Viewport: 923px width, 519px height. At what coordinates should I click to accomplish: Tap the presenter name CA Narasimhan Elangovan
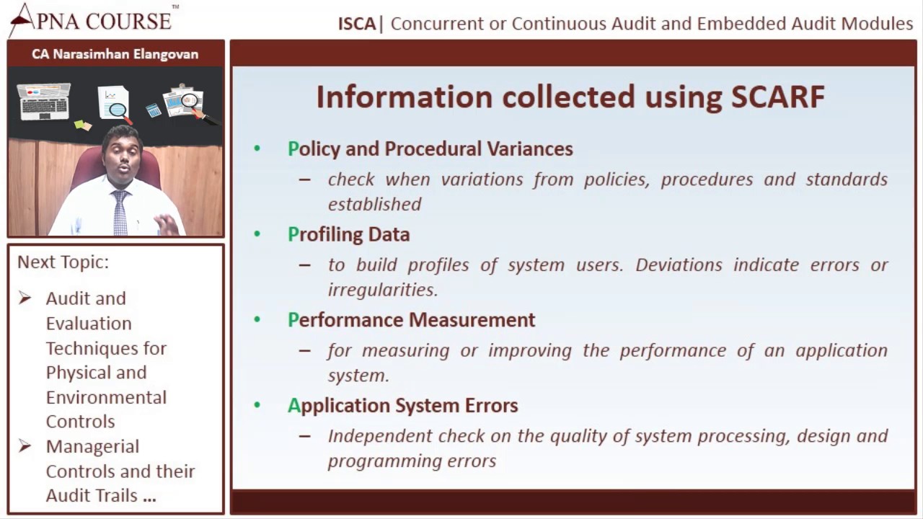pos(115,54)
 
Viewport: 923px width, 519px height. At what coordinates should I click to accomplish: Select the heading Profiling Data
pos(348,234)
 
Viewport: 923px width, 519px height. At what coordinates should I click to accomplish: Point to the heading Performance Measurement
pos(411,320)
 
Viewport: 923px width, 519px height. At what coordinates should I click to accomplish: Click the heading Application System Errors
pos(402,405)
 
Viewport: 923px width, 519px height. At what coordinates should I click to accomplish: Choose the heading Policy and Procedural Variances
pos(430,149)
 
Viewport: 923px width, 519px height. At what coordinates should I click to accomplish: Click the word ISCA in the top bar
pos(357,24)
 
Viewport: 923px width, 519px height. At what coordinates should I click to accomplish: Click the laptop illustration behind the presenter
pos(44,100)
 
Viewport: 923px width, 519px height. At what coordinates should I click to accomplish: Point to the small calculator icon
pos(153,110)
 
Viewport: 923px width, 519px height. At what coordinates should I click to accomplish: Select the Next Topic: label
pos(63,262)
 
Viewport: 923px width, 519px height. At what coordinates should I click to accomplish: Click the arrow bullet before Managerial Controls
pos(25,446)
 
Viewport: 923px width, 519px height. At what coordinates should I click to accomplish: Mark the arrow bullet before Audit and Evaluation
pos(25,298)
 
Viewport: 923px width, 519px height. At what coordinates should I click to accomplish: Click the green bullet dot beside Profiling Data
pos(257,234)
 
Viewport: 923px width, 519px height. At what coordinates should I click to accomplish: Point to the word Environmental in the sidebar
pos(106,397)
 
